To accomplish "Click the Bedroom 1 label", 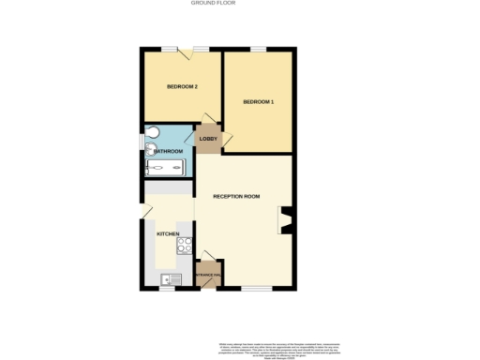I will point(258,101).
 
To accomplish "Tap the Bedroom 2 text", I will point(182,86).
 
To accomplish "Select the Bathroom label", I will point(169,151).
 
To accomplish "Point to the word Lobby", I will point(208,139).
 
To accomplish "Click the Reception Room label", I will point(236,196).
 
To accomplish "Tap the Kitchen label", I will point(168,233).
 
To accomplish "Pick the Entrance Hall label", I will point(208,275).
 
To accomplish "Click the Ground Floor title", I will point(213,4).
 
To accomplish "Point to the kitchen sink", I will point(170,278).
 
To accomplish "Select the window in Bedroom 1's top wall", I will point(259,48).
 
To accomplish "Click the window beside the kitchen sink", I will point(169,289).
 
